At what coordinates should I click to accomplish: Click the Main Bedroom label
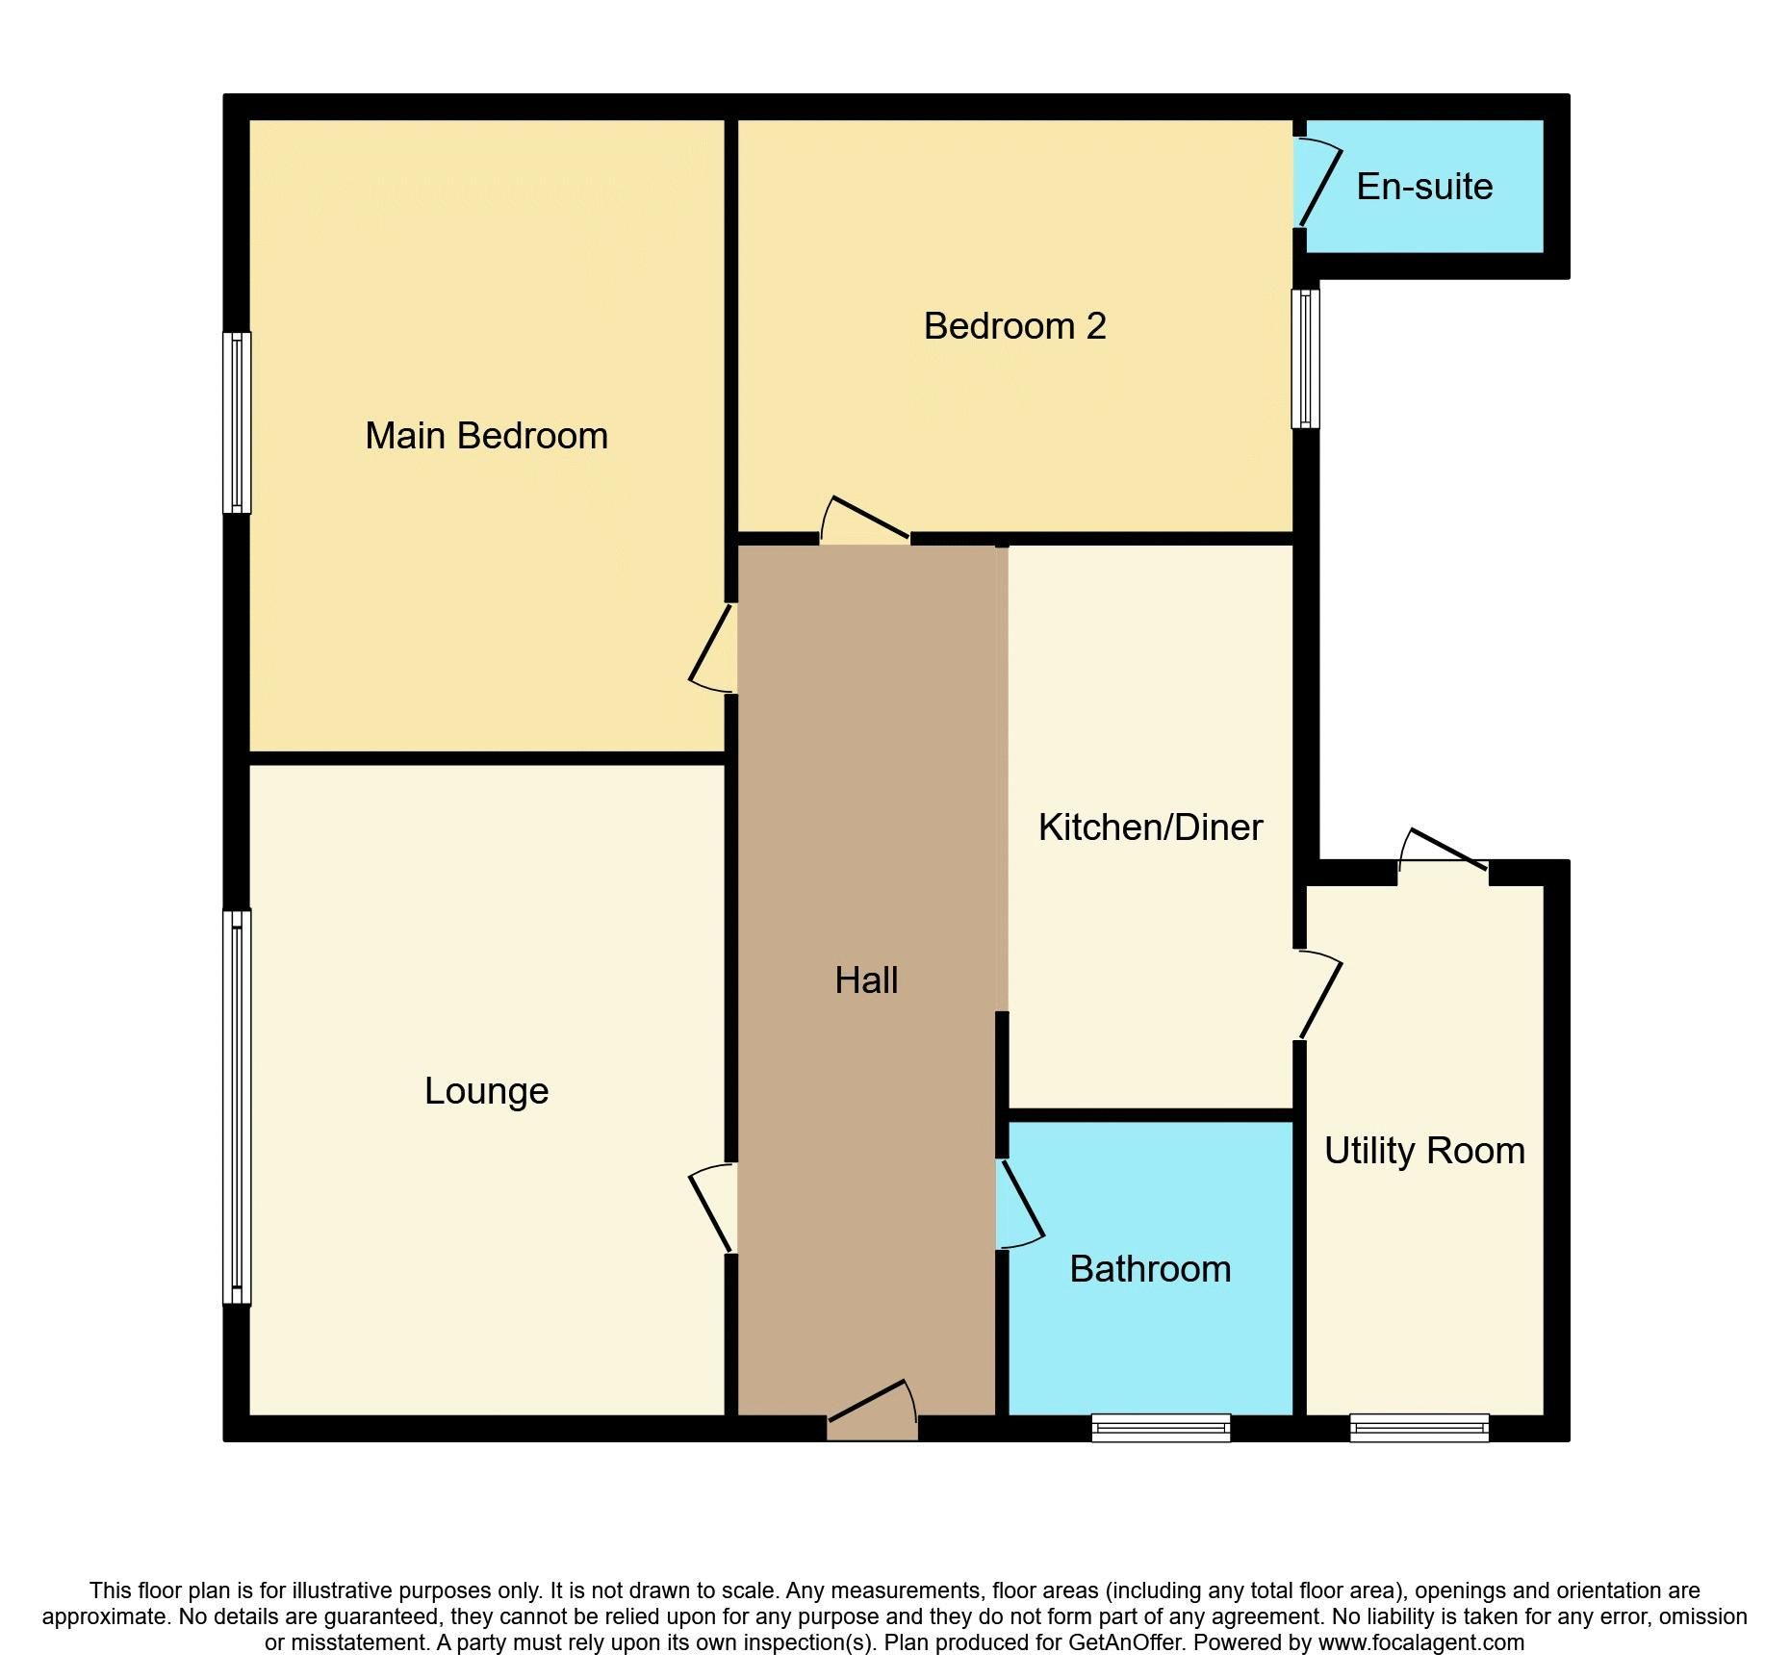486,436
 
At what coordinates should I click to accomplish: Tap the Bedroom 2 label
1014,326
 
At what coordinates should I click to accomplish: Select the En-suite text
1424,187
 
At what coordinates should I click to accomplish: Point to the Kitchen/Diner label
1150,827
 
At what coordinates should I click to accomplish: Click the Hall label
866,980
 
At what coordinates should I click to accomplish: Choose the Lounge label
486,1091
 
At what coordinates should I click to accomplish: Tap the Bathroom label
1150,1269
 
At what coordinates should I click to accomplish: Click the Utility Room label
1424,1151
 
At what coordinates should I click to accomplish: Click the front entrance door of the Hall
871,1412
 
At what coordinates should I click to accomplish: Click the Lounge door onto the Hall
712,1208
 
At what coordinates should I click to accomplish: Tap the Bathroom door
1021,1204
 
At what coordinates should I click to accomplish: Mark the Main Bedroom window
237,422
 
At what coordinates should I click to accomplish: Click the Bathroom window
1161,1427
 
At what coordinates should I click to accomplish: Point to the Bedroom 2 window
1305,358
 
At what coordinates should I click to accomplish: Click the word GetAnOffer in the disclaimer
1124,1642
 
